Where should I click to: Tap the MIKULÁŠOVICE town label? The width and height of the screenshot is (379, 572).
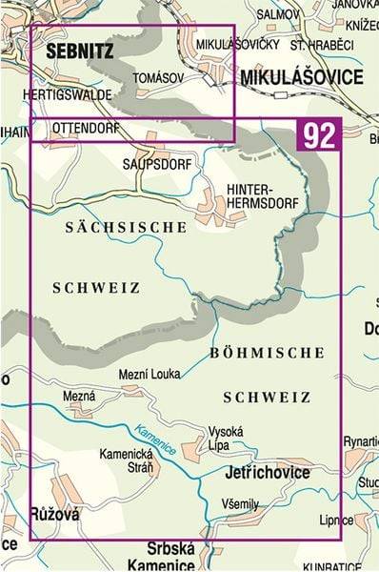pyautogui.click(x=301, y=76)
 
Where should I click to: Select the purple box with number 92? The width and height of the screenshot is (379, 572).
pyautogui.click(x=319, y=136)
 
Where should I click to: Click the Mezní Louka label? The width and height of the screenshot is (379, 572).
pyautogui.click(x=150, y=375)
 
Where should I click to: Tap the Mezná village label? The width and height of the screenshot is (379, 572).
pyautogui.click(x=79, y=396)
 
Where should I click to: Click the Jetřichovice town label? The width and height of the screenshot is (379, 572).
pyautogui.click(x=261, y=471)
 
